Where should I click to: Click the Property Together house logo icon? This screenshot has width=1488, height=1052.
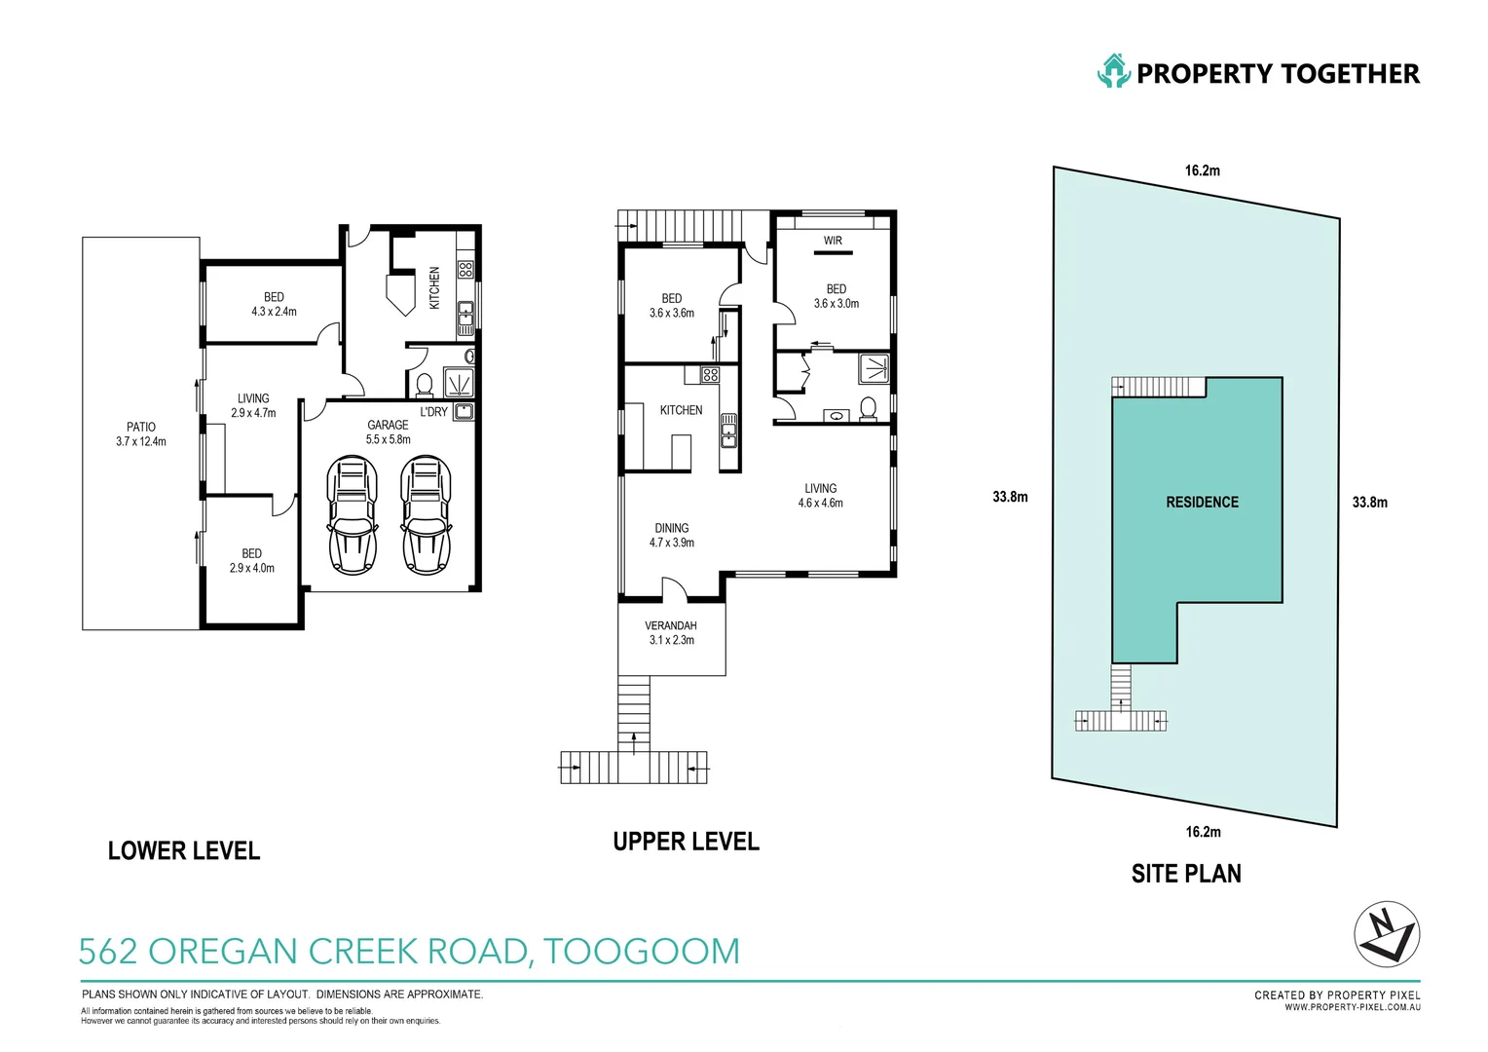coord(1114,70)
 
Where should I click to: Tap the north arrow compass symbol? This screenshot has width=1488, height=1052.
coord(1387,934)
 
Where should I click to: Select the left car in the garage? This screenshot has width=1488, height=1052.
coord(353,514)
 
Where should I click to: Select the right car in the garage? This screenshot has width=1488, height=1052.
coord(426,514)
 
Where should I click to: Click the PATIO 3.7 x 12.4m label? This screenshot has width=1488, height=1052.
coord(141,434)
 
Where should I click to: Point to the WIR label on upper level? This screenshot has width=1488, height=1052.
coord(833,241)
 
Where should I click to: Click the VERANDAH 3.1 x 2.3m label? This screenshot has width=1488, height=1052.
coord(671,633)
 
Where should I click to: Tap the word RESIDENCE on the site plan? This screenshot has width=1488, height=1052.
coord(1203,503)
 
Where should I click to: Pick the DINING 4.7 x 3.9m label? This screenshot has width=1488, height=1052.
coord(672,535)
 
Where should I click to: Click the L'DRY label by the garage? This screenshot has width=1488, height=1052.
coord(433,412)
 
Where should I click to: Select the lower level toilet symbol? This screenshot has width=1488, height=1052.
coord(424,385)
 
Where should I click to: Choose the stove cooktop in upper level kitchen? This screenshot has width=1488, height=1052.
coord(710,375)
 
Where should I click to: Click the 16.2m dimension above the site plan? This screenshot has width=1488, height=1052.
coord(1203,170)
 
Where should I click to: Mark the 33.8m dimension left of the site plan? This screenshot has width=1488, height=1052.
coord(1011,497)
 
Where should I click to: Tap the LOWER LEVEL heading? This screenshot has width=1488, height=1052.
coord(184,850)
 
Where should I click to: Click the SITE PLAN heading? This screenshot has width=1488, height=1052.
coord(1186,873)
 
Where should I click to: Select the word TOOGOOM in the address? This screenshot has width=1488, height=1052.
coord(641,951)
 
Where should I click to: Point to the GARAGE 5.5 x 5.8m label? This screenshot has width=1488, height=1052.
coord(388,432)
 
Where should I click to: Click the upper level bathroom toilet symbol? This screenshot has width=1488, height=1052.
coord(868,407)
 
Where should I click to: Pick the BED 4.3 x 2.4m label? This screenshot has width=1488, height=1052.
coord(274,304)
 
